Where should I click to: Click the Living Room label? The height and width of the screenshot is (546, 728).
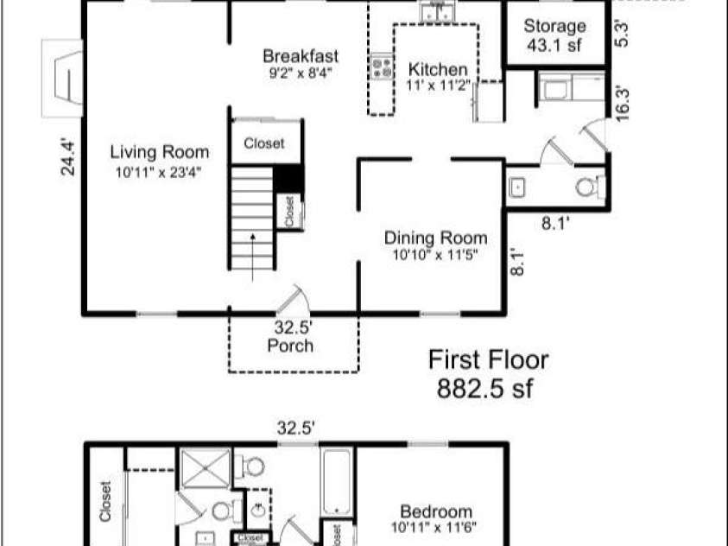click(160, 153)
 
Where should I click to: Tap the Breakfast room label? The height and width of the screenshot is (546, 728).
click(300, 57)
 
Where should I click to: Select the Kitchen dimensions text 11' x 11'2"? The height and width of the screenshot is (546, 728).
click(438, 86)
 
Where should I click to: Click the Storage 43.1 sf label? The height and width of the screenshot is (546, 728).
click(554, 36)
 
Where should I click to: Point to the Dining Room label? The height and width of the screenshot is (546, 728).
click(435, 238)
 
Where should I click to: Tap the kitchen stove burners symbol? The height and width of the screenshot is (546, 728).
click(380, 67)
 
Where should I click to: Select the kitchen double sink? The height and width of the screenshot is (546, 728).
click(437, 12)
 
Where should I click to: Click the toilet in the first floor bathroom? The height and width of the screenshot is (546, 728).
click(590, 186)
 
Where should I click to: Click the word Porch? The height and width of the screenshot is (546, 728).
click(290, 346)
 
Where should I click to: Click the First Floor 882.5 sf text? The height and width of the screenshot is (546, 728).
click(488, 373)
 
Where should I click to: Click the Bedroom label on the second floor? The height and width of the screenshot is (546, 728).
click(436, 511)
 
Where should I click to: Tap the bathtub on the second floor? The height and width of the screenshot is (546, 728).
click(335, 482)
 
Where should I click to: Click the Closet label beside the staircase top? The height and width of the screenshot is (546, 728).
click(263, 144)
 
